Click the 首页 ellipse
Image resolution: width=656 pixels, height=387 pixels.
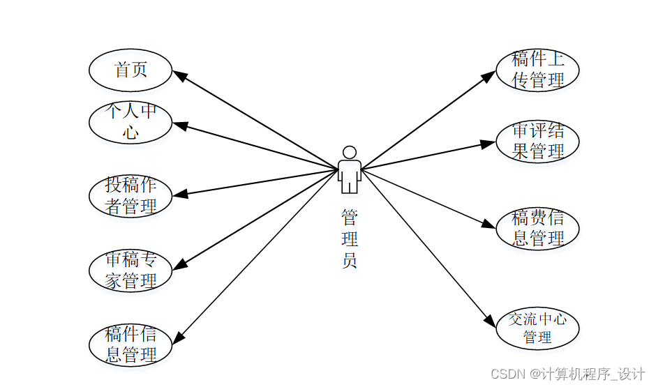(x=131, y=70)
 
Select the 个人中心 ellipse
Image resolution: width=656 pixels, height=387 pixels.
(x=131, y=122)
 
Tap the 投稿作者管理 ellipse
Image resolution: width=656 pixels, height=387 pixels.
(x=131, y=196)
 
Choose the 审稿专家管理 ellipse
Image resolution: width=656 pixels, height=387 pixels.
(x=131, y=271)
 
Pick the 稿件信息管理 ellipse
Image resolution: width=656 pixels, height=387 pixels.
(x=131, y=344)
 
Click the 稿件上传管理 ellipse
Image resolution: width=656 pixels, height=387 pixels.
(x=537, y=70)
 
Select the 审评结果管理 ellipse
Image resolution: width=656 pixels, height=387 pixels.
(x=537, y=142)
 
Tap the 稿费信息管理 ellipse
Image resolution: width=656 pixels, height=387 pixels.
(x=537, y=228)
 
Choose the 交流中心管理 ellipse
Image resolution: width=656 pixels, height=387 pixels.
(x=537, y=328)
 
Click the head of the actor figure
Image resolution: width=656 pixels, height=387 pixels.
(x=350, y=152)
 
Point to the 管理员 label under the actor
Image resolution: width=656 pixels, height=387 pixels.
(x=350, y=239)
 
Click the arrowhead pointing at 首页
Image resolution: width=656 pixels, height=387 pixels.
(x=179, y=75)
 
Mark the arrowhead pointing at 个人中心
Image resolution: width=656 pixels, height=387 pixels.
(x=180, y=126)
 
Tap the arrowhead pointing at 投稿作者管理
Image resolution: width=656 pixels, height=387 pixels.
(x=180, y=195)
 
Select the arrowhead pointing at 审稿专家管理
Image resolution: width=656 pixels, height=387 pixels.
(x=179, y=266)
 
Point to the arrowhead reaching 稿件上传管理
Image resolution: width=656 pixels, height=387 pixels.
(x=490, y=75)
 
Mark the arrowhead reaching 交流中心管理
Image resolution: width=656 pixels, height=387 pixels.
(x=491, y=321)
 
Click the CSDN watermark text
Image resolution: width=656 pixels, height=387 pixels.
(x=567, y=374)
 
